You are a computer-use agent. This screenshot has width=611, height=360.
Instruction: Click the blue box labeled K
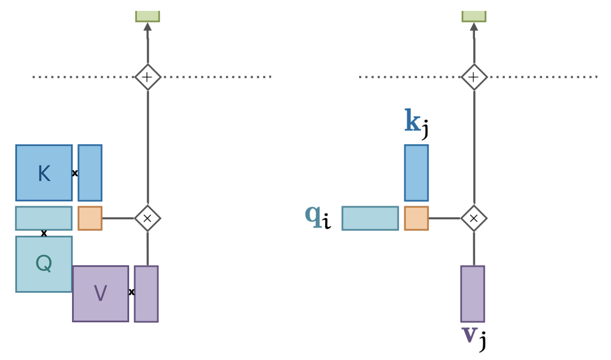[x=44, y=173]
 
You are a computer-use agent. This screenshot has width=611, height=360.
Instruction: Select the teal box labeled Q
[x=44, y=264]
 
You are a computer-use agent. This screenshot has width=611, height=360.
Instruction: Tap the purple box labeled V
[x=101, y=293]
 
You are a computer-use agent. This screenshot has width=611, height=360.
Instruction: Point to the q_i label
[x=318, y=217]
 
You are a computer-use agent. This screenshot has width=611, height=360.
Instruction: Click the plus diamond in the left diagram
[x=147, y=77]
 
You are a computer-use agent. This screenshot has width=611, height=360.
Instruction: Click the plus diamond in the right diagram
[x=474, y=77]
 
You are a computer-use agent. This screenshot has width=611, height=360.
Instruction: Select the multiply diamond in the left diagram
[x=147, y=218]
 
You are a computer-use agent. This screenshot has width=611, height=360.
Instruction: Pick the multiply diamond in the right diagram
[x=474, y=218]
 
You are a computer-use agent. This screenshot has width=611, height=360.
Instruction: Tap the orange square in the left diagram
[x=90, y=218]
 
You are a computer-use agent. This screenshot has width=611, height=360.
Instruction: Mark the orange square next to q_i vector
[x=416, y=218]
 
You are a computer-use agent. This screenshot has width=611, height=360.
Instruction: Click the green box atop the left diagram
[x=147, y=16]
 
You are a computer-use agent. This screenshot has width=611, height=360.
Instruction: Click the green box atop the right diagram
[x=474, y=16]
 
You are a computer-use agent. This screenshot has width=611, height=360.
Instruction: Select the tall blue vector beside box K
[x=90, y=173]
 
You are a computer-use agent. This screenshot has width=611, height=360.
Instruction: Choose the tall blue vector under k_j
[x=416, y=173]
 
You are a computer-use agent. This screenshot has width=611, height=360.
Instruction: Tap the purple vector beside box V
[x=146, y=294]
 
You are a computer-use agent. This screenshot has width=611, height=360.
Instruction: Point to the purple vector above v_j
[x=472, y=294]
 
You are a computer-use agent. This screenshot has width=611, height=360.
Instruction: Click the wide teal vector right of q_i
[x=370, y=218]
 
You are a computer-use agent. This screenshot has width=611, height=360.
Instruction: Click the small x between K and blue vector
[x=75, y=173]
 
